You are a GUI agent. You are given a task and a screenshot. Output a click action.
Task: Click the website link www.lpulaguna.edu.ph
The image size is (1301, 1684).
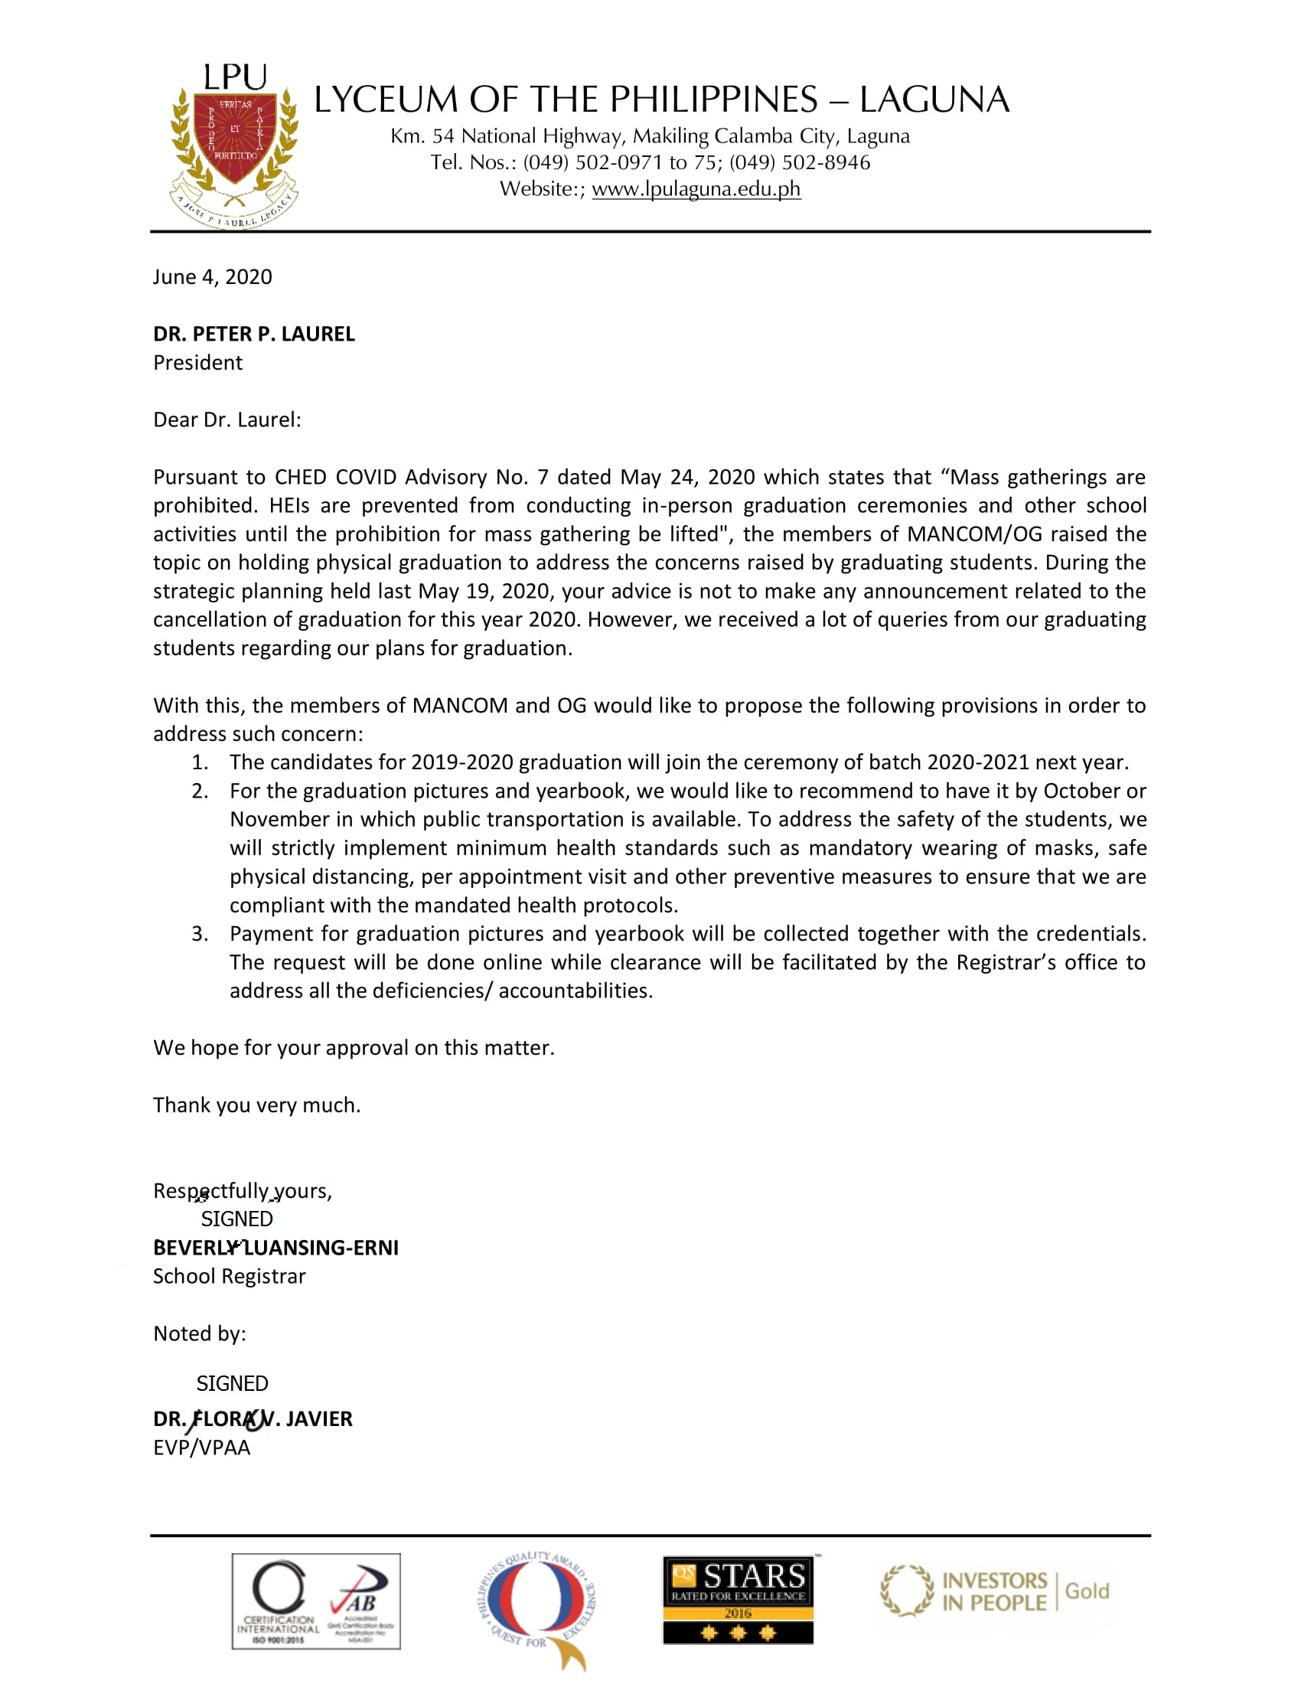[696, 189]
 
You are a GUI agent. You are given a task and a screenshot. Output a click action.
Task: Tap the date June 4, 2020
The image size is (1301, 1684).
[213, 277]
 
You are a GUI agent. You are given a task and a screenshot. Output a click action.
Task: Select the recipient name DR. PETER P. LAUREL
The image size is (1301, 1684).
[253, 334]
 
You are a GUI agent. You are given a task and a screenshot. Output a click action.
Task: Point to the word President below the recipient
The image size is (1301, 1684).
[197, 362]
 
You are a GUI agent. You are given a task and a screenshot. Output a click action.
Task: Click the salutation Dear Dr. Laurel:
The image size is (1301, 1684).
[227, 419]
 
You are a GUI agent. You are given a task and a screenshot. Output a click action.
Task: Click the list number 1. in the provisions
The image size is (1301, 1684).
[200, 762]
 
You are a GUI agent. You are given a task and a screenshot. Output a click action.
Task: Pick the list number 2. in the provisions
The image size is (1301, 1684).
[200, 791]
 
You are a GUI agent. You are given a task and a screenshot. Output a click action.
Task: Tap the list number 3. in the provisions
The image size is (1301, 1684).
[200, 933]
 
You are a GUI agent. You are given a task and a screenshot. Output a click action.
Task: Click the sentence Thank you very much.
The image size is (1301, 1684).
[256, 1105]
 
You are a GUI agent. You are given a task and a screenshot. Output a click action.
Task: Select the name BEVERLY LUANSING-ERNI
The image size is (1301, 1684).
[276, 1248]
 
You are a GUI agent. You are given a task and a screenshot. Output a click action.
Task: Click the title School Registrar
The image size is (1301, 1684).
[229, 1276]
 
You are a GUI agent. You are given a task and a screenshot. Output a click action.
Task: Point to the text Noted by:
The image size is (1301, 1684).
[200, 1333]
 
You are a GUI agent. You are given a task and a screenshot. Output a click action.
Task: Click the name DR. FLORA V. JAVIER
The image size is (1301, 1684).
[253, 1418]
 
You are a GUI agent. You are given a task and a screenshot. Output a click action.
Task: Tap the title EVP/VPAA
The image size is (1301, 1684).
[202, 1447]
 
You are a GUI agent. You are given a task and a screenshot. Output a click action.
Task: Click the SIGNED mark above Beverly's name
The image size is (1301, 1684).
[236, 1219]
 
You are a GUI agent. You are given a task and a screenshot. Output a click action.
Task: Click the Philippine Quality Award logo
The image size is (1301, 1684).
[537, 1609]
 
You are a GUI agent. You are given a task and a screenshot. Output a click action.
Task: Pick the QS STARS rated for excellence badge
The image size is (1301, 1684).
[738, 1600]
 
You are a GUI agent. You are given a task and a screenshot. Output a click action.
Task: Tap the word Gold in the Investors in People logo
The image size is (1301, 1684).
[1087, 1591]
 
